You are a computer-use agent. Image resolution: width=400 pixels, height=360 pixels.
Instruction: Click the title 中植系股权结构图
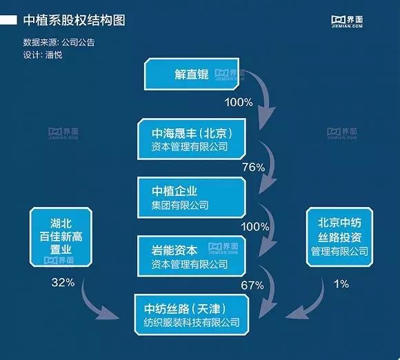click(74, 20)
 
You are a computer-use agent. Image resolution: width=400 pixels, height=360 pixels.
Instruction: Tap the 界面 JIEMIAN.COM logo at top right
click(347, 21)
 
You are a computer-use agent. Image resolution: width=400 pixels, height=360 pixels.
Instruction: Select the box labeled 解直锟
click(192, 74)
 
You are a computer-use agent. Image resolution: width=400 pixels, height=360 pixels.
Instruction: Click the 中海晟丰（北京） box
click(192, 139)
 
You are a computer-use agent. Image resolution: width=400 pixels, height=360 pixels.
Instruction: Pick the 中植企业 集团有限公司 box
click(192, 197)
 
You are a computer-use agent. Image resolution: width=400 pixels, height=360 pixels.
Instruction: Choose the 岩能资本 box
click(192, 256)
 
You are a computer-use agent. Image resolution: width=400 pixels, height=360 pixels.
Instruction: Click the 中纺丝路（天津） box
click(192, 314)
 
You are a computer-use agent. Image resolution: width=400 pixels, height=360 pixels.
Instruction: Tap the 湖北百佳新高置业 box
click(61, 237)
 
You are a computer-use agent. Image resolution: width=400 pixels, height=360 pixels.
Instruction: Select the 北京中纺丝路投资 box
click(339, 237)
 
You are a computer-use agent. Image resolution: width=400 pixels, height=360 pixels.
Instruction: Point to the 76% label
click(254, 167)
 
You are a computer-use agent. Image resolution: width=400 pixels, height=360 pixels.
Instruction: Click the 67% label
click(252, 285)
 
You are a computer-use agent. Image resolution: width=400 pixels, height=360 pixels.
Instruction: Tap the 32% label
click(63, 282)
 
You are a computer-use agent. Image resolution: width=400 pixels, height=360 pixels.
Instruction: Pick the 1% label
click(341, 283)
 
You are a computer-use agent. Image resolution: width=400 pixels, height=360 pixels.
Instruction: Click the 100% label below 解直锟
click(239, 102)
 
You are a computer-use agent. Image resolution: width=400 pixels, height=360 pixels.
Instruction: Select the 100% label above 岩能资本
click(255, 227)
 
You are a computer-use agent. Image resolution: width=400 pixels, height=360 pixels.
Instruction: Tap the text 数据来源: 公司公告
click(59, 42)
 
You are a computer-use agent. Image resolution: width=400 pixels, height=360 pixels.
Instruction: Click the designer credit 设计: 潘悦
click(43, 55)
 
